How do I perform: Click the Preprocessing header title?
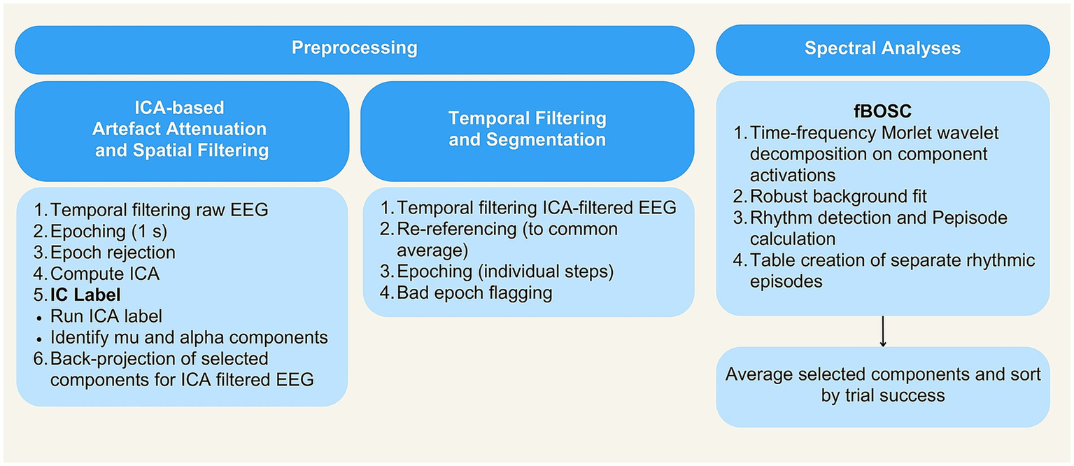pyautogui.click(x=354, y=48)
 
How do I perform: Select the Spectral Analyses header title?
pyautogui.click(x=882, y=48)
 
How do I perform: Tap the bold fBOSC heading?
pyautogui.click(x=882, y=111)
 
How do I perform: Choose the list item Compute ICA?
pyautogui.click(x=105, y=274)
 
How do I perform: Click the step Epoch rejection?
pyautogui.click(x=113, y=252)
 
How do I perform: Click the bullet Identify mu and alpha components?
pyautogui.click(x=189, y=337)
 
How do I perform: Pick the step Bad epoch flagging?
pyautogui.click(x=474, y=292)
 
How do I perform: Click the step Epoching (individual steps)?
pyautogui.click(x=509, y=271)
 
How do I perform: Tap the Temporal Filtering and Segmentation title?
pyautogui.click(x=527, y=129)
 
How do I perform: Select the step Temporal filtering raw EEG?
pyautogui.click(x=160, y=210)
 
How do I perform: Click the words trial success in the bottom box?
pyautogui.click(x=883, y=395)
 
